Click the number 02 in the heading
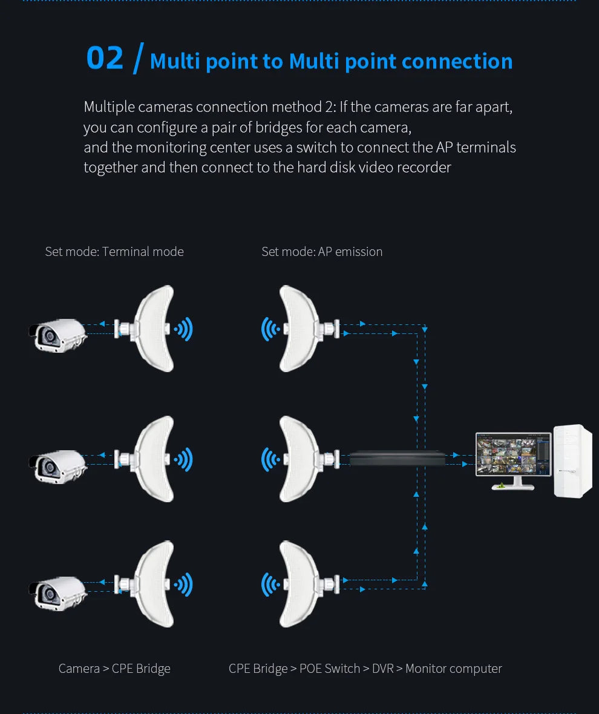[105, 58]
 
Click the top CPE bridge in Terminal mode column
[151, 329]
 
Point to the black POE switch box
[397, 458]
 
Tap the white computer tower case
[572, 461]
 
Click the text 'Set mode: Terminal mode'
[114, 252]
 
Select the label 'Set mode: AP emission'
[322, 252]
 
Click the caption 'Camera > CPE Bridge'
[114, 669]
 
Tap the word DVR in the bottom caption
[382, 669]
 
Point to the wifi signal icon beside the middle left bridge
[183, 460]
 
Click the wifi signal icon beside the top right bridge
[270, 329]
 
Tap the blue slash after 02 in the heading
[138, 58]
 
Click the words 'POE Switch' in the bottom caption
[330, 669]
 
